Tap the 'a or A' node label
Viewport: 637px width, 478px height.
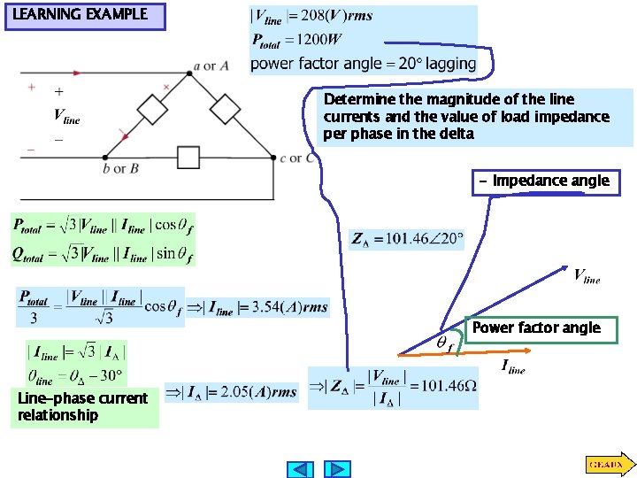point(215,66)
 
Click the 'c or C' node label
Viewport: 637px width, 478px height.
point(297,159)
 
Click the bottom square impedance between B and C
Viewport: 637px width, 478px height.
point(188,158)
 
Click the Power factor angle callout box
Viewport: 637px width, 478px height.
point(535,328)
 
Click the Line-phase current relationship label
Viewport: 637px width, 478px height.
point(83,406)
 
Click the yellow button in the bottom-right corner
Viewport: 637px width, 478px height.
point(608,463)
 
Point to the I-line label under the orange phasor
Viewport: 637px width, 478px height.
point(513,366)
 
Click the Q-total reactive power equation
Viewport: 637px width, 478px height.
point(102,255)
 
